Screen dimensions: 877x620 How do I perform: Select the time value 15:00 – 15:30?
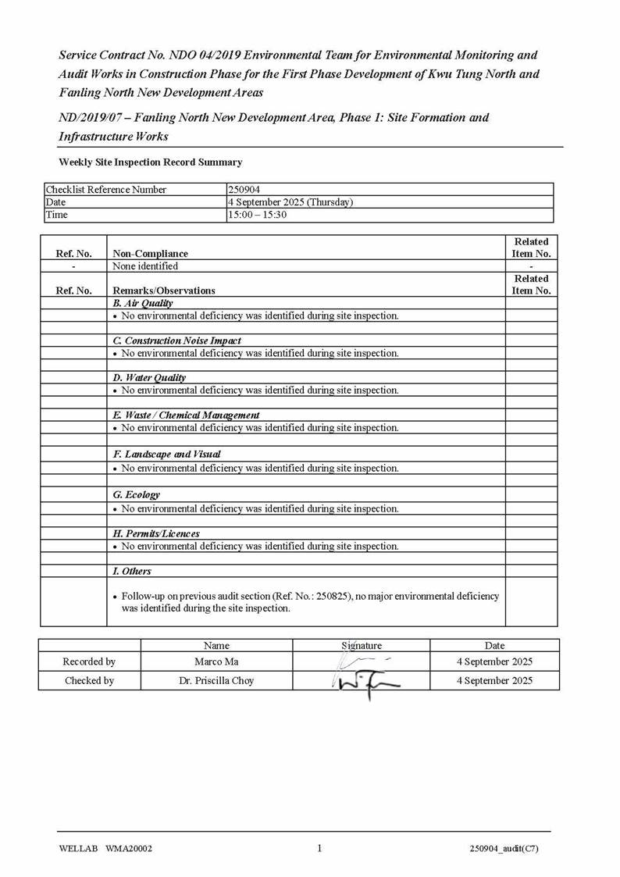click(x=257, y=215)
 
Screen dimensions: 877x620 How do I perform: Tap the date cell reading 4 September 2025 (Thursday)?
click(x=290, y=202)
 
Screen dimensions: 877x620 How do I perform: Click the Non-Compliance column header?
click(x=150, y=253)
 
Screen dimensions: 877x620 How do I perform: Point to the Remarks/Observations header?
click(x=163, y=291)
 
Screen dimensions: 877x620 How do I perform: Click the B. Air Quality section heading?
click(x=143, y=303)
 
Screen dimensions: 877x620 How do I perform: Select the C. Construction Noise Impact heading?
click(x=176, y=340)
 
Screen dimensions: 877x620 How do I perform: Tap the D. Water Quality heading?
click(x=149, y=378)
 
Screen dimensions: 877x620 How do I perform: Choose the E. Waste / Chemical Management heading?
click(x=186, y=415)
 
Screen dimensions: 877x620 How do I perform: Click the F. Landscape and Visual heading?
click(x=166, y=454)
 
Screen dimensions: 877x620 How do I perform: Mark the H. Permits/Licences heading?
click(x=155, y=533)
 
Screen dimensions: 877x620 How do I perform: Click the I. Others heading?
click(x=132, y=572)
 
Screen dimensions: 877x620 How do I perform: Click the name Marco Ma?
click(x=216, y=662)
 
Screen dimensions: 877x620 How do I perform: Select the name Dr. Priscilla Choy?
click(x=216, y=681)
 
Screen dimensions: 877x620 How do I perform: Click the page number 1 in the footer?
click(x=319, y=849)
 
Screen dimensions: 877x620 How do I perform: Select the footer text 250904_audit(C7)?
click(x=504, y=850)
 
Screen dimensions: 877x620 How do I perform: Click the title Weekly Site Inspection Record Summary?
click(x=150, y=162)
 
